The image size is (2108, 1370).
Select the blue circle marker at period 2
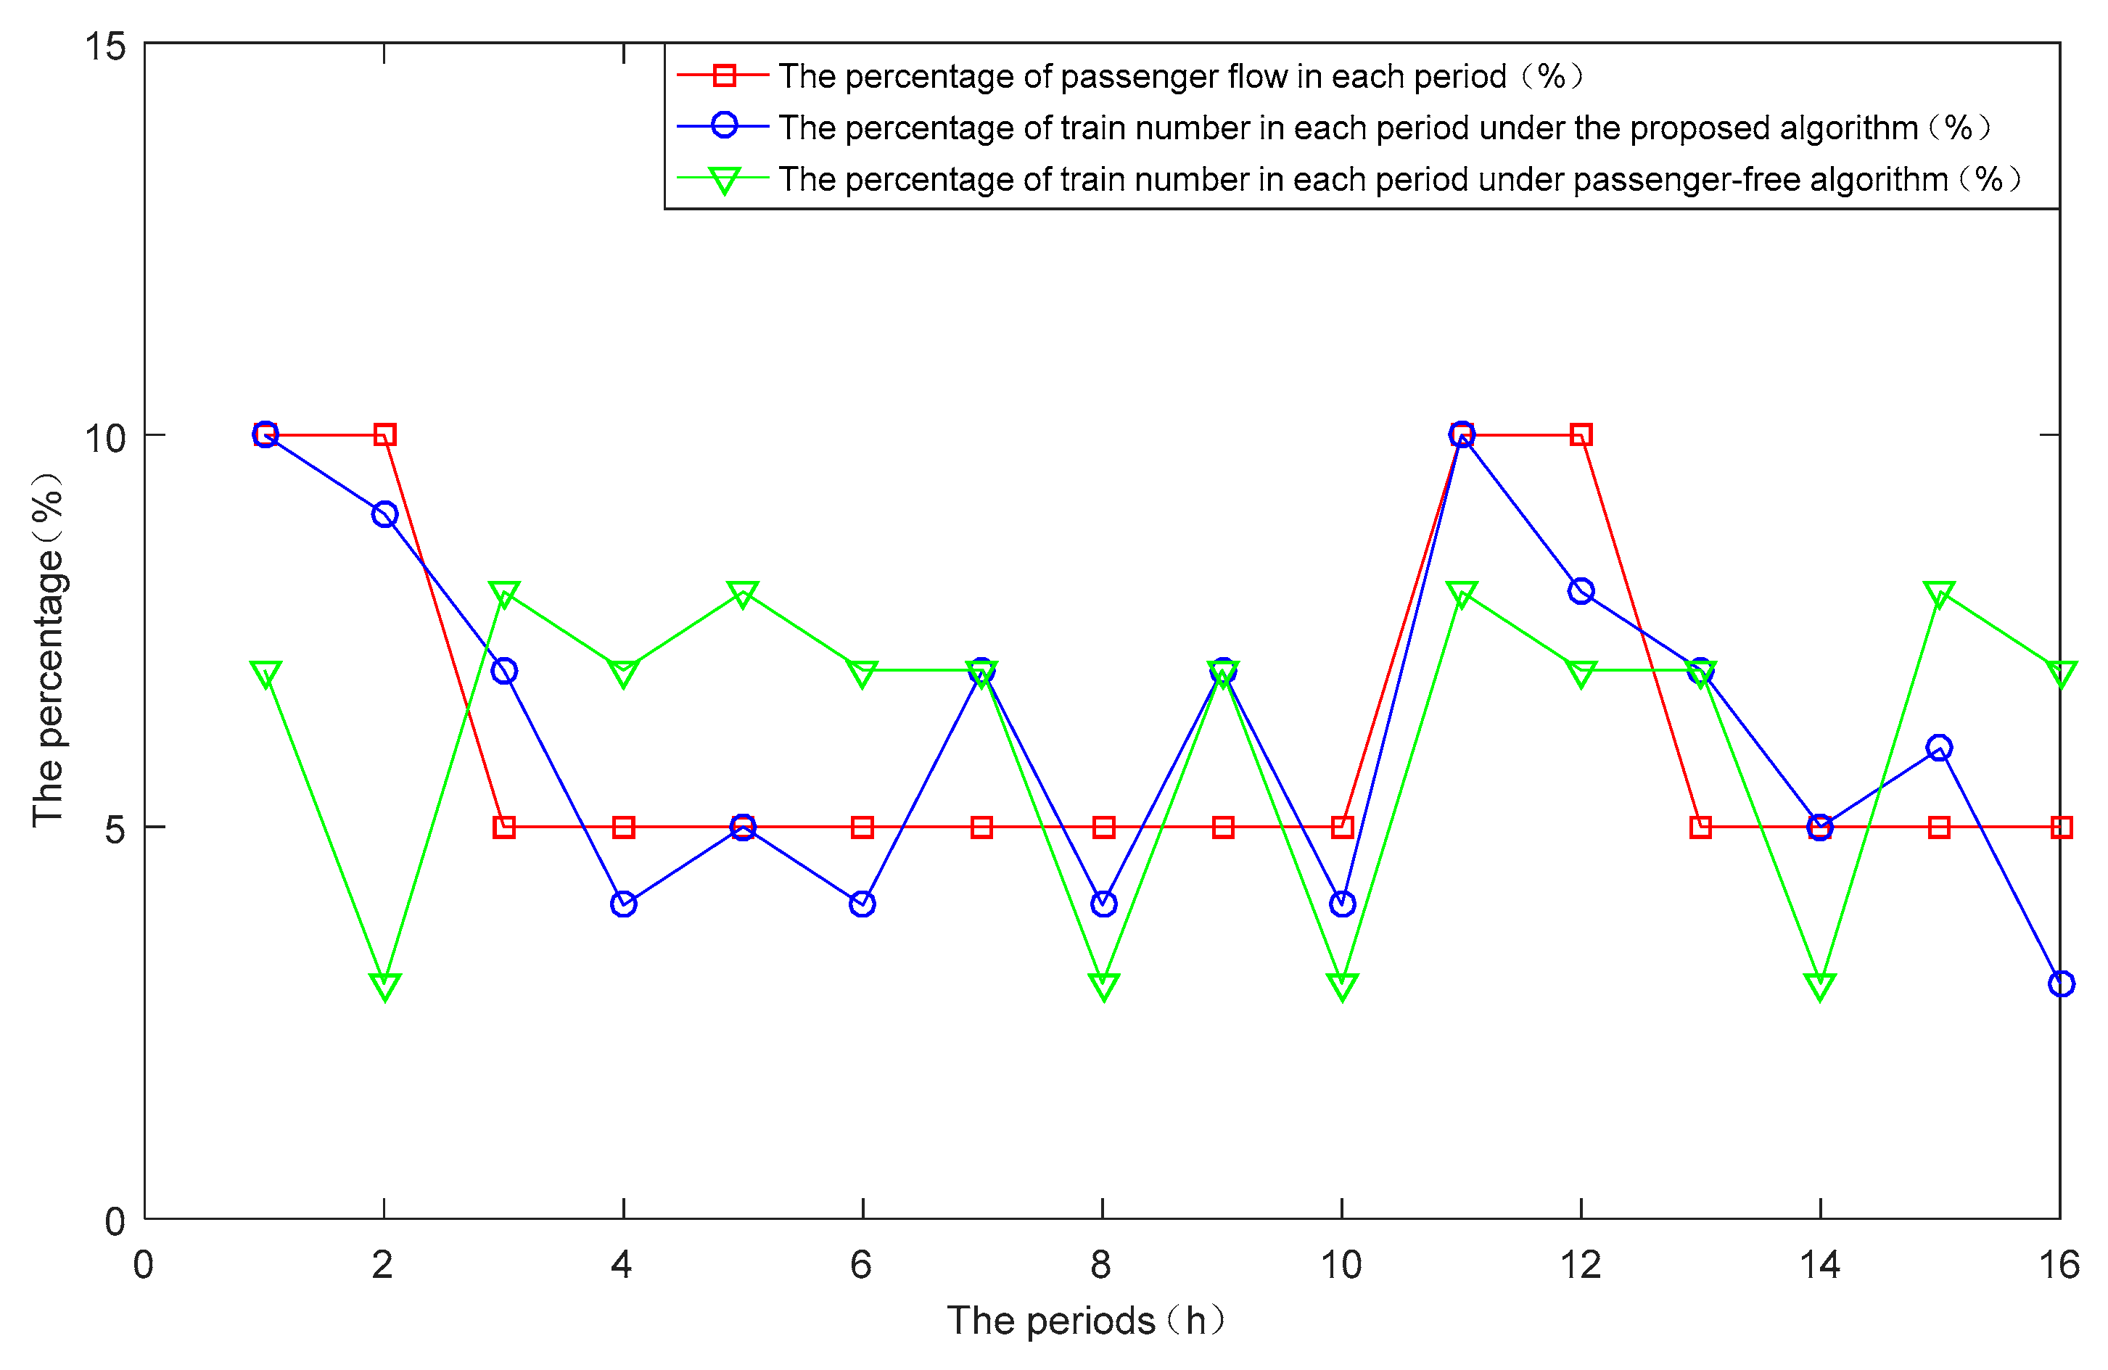coord(384,514)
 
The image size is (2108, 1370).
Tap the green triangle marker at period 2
coord(384,985)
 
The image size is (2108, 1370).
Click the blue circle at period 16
coord(2061,984)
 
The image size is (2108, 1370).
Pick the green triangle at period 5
coord(742,593)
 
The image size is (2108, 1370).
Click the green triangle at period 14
coord(1819,985)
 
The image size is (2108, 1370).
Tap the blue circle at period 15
coord(1939,748)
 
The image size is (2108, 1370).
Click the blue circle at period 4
coord(624,904)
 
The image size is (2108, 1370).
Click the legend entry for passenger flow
coord(1142,76)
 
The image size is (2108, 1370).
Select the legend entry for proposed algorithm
coord(1346,128)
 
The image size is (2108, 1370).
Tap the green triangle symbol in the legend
coord(724,180)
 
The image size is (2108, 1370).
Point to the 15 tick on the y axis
coord(104,46)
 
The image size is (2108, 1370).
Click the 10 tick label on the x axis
coord(1341,1265)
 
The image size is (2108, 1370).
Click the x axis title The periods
coord(1086,1321)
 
